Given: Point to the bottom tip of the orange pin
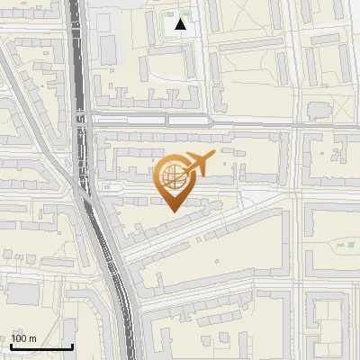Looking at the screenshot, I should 172,211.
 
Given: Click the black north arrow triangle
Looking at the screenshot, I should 181,24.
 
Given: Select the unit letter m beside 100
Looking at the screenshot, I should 33,338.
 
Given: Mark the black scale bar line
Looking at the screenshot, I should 41,346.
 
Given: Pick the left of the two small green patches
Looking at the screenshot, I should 340,245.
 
